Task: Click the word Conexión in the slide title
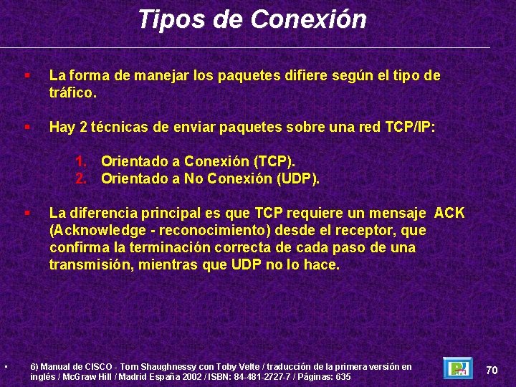pyautogui.click(x=309, y=19)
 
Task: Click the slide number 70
pyautogui.click(x=492, y=370)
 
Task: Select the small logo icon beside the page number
pyautogui.click(x=457, y=368)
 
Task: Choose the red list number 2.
pyautogui.click(x=82, y=178)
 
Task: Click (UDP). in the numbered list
pyautogui.click(x=297, y=178)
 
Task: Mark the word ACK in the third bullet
pyautogui.click(x=449, y=214)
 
